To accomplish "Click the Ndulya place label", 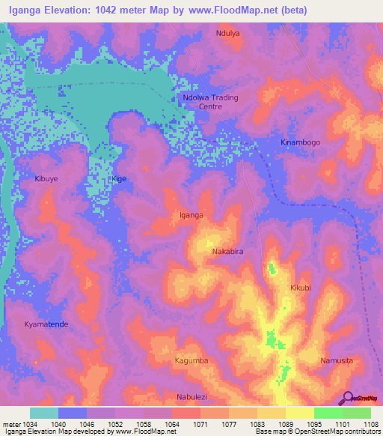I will [x=229, y=34].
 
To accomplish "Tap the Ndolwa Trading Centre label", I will [x=209, y=102].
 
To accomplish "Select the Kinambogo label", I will [x=299, y=142].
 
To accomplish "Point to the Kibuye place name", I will [x=46, y=180].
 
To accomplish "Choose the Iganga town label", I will [x=191, y=215].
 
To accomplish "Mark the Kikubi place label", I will [x=300, y=288].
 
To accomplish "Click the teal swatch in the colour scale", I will [x=44, y=413].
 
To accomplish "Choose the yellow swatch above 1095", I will [x=299, y=413].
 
